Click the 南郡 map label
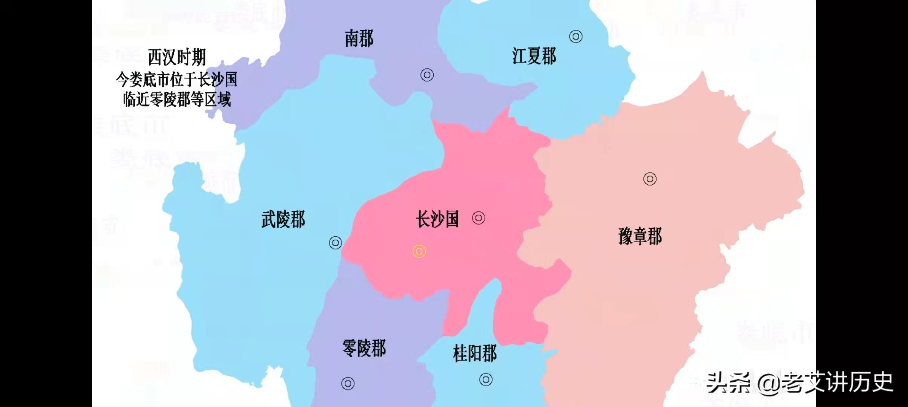click(x=359, y=39)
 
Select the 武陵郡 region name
click(x=283, y=219)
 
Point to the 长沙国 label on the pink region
click(x=437, y=219)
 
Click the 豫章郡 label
click(x=640, y=237)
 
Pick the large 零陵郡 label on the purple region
click(x=364, y=348)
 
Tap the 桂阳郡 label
click(x=475, y=353)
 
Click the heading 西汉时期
click(x=177, y=58)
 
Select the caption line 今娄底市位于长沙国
click(x=176, y=80)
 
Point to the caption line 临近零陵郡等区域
click(x=177, y=100)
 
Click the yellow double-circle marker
click(x=419, y=251)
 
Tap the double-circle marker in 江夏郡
click(x=575, y=37)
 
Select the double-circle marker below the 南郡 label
click(x=427, y=75)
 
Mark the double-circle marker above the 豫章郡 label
click(x=650, y=179)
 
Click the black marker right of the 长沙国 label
click(x=479, y=218)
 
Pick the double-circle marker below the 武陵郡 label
click(x=335, y=243)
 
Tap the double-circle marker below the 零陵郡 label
click(x=348, y=384)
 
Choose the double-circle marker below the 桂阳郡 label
click(x=486, y=379)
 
